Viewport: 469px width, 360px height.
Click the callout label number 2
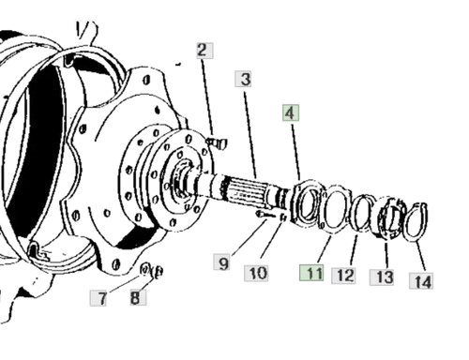(204, 51)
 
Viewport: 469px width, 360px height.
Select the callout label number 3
(244, 79)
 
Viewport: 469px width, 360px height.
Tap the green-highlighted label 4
(291, 112)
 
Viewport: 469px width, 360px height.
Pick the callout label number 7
(98, 298)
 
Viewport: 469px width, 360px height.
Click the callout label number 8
(138, 297)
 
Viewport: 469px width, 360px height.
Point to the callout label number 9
(222, 262)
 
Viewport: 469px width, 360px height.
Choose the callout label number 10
(256, 273)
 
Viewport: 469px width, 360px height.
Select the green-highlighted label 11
(311, 273)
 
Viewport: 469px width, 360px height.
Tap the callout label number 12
(343, 276)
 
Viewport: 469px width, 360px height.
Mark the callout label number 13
(382, 277)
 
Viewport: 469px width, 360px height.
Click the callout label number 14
(421, 281)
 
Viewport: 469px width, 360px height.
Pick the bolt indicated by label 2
(217, 142)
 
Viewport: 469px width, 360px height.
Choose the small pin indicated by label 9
(262, 215)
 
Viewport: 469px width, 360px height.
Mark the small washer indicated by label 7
(144, 269)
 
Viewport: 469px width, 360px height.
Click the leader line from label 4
(296, 152)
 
